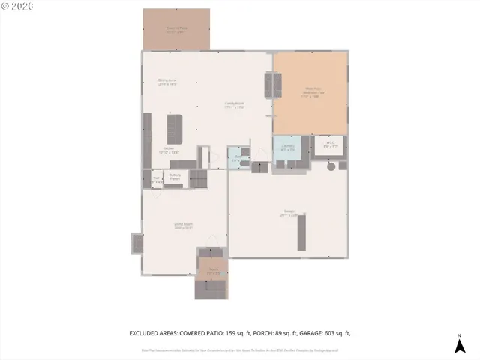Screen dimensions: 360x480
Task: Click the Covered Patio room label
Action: point(176,30)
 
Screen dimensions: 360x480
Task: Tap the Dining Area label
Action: point(166,82)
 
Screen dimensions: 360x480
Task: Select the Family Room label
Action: point(235,105)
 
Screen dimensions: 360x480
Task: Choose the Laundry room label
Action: point(288,147)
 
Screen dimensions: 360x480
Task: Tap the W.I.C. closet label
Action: point(331,145)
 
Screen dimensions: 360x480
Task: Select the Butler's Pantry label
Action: point(175,177)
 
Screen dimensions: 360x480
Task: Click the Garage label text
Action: point(290,214)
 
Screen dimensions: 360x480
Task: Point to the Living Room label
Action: point(184,225)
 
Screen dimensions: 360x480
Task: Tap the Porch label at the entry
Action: point(214,270)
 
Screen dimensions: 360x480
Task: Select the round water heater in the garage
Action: point(331,166)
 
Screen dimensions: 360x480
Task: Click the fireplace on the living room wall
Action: point(137,244)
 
